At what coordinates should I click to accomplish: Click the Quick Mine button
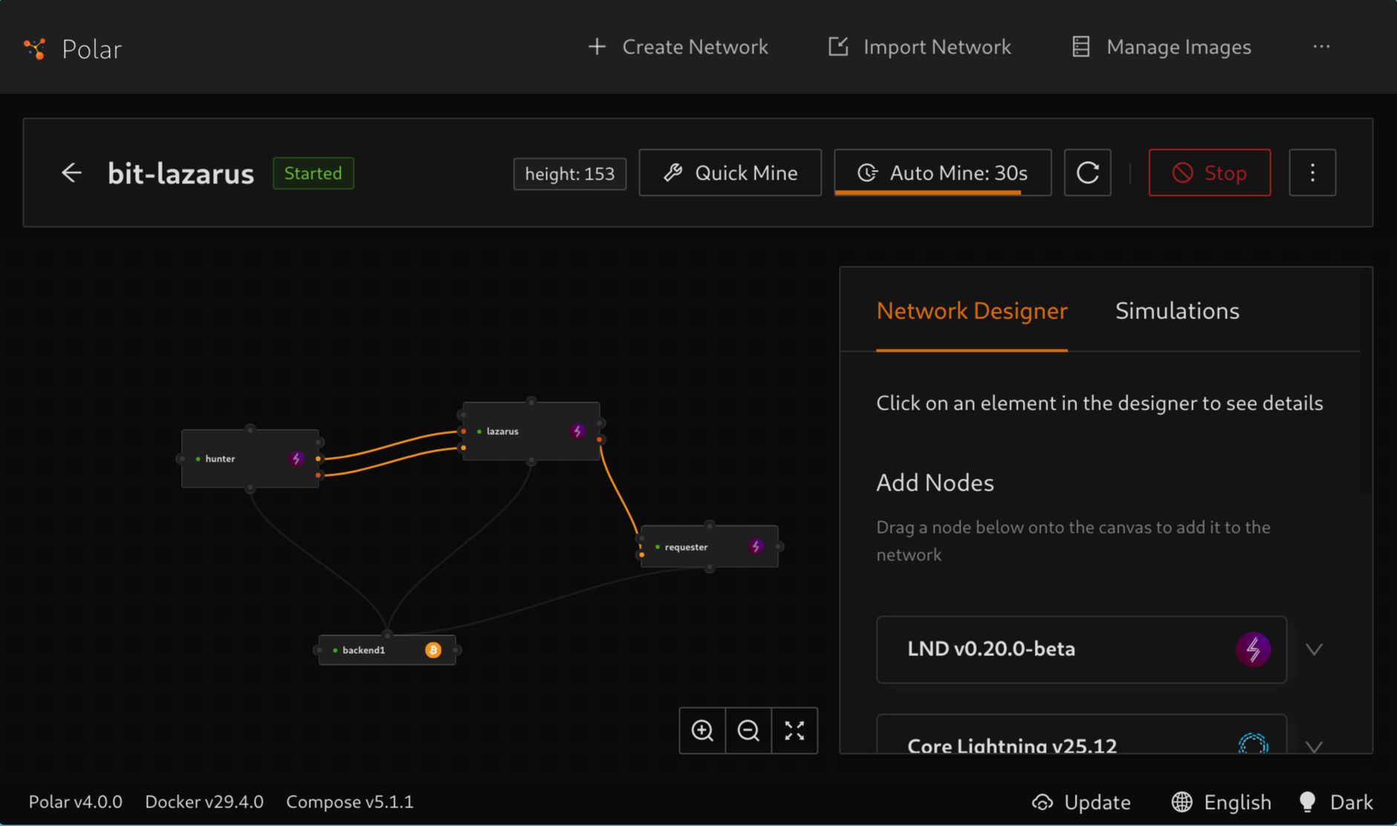tap(730, 173)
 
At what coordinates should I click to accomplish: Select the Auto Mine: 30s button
tap(942, 173)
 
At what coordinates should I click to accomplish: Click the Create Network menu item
tap(678, 47)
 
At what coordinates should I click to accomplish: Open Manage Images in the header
tap(1162, 47)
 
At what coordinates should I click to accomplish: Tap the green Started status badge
tap(313, 173)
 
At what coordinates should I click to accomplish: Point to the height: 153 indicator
tap(569, 174)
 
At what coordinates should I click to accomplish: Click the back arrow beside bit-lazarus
tap(71, 173)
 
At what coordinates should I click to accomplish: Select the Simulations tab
tap(1177, 310)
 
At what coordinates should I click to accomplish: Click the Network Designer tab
tap(972, 310)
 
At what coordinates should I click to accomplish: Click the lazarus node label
tap(503, 431)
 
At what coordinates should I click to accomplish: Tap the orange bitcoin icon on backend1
tap(433, 650)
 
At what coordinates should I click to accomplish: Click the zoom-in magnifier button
tap(702, 730)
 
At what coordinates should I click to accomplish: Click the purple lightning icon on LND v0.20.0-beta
tap(1252, 649)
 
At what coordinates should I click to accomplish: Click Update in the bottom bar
tap(1082, 802)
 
